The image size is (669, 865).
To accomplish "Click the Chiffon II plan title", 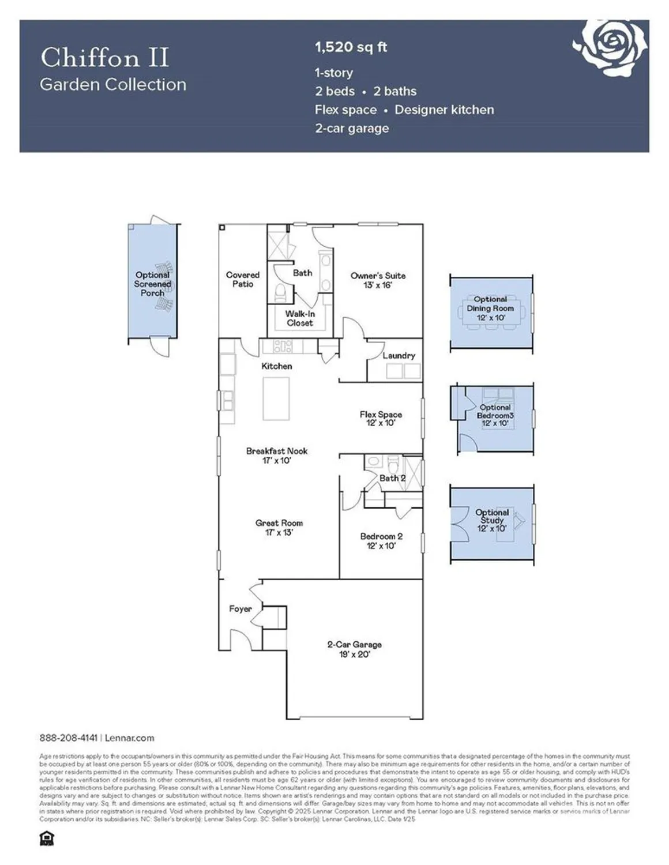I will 104,58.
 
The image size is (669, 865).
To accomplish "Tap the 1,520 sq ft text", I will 351,47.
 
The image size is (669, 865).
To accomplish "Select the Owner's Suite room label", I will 378,280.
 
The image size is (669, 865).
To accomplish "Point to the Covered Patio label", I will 242,280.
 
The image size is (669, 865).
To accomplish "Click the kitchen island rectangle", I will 276,398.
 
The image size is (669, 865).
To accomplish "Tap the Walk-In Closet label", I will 300,318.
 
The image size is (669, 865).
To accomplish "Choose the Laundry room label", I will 399,356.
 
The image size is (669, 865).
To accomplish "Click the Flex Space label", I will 381,418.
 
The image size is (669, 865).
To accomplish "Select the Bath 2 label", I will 392,478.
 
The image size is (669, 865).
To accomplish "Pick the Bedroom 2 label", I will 381,540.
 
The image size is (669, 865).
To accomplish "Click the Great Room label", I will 279,527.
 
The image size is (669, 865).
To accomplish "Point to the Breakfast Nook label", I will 277,456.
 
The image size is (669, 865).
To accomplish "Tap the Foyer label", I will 240,609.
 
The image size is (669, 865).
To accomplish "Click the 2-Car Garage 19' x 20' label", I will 354,649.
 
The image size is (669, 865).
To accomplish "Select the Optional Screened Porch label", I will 152,284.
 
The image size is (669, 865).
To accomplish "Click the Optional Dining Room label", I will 490,308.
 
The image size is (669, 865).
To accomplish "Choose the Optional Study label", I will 492,520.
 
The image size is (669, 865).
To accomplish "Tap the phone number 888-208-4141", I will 69,738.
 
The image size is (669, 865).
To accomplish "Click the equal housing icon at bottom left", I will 46,838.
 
